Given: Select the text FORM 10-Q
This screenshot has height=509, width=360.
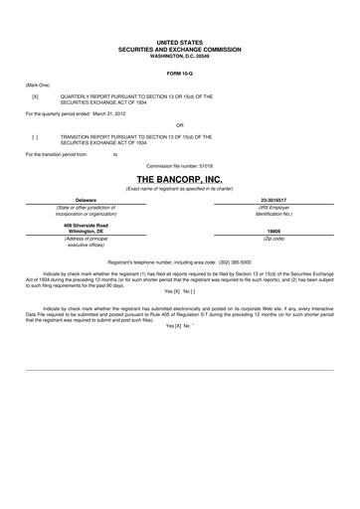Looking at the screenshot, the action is (x=180, y=74).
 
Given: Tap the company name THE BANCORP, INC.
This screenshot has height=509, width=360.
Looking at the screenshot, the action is (x=179, y=176).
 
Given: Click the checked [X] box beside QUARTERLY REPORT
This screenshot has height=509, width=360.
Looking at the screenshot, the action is (x=35, y=96).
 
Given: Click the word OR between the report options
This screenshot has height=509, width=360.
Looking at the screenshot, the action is (x=180, y=125).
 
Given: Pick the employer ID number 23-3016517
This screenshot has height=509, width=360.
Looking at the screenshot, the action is (x=274, y=200).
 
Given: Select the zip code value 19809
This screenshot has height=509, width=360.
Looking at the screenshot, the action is (x=274, y=232).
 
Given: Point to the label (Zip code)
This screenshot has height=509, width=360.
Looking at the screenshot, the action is (x=274, y=239).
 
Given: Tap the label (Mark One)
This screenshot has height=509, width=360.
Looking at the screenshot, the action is (x=40, y=85).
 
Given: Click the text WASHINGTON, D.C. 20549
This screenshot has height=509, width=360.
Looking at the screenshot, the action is (x=180, y=56).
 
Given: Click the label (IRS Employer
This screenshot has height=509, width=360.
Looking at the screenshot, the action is (x=274, y=207).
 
